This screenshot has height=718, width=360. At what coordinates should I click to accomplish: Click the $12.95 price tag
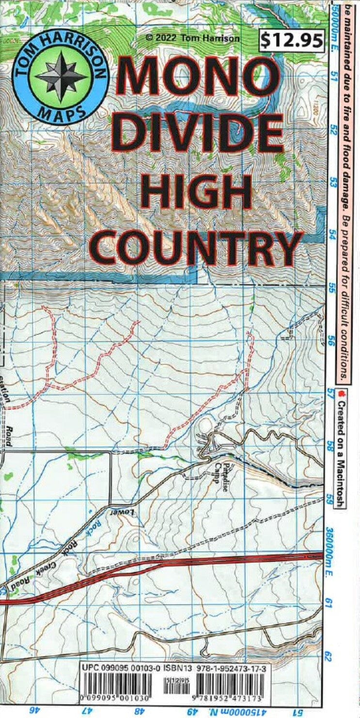[x=292, y=40]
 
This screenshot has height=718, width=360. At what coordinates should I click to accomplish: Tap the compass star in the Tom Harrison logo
[x=61, y=76]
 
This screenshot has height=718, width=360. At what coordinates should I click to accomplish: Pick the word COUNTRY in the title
[x=197, y=247]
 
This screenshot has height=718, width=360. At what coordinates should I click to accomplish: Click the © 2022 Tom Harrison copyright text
[x=192, y=38]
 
